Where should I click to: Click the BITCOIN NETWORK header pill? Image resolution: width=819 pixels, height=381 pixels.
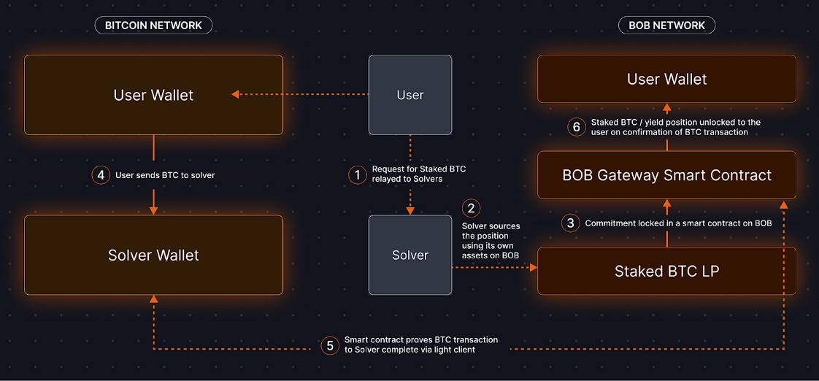153,26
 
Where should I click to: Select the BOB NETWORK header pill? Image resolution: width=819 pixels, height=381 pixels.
666,26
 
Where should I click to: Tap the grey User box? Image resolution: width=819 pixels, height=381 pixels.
409,95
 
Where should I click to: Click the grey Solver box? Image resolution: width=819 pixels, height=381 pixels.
409,255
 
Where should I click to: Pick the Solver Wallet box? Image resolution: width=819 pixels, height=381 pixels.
153,255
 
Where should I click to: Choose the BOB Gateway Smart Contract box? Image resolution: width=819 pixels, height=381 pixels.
666,175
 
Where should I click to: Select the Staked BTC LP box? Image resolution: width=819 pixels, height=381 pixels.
666,271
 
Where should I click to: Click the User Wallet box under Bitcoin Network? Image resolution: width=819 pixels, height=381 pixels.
153,95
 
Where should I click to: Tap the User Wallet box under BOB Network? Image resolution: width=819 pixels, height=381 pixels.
666,79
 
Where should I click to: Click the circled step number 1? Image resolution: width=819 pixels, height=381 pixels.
357,174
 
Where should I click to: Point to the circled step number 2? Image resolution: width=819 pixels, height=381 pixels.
471,208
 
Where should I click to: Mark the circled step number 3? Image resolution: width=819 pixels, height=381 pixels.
571,223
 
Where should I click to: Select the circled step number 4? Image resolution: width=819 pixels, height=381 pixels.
101,175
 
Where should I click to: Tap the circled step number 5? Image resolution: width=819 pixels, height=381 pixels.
330,345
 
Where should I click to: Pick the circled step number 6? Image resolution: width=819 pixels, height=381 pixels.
576,127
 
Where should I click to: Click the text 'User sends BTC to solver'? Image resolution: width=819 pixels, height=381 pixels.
165,175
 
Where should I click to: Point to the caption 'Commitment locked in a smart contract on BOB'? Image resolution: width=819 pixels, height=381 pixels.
678,223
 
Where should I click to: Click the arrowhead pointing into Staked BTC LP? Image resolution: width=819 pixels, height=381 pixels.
533,268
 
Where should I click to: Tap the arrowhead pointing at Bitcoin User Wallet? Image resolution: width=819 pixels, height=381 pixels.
236,94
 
